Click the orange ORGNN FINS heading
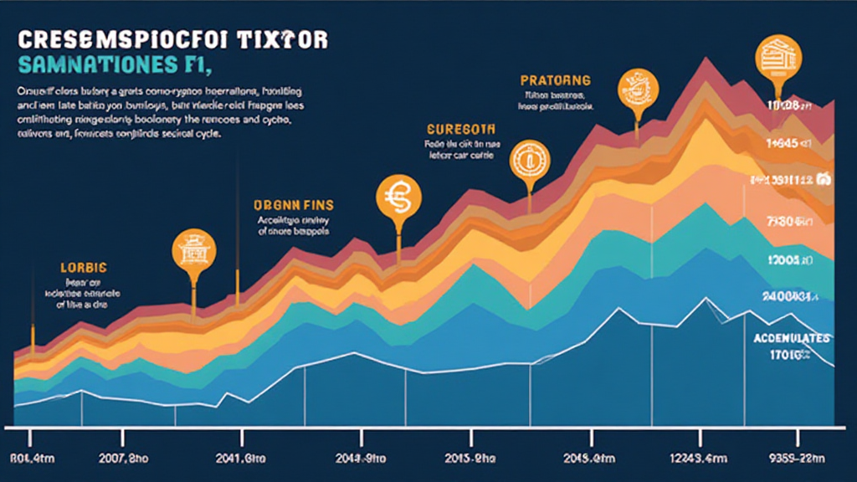coord(292,203)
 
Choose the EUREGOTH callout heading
coord(460,130)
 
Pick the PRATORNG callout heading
coord(555,80)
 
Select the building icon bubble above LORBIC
coord(193,252)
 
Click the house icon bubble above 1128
coord(777,57)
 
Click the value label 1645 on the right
coord(788,143)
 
